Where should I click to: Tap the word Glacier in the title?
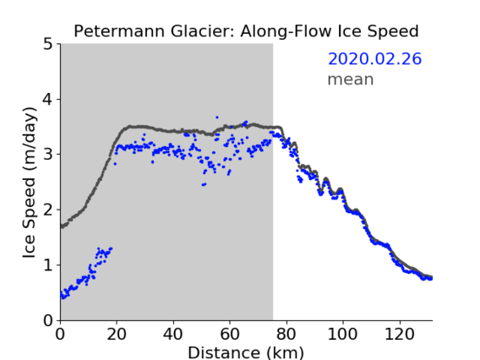click(x=203, y=31)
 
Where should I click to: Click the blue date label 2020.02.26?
click(x=374, y=59)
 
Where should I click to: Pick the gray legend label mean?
click(x=351, y=79)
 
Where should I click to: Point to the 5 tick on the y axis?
click(x=48, y=44)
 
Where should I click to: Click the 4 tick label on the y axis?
click(x=48, y=99)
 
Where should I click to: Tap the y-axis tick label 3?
click(x=48, y=155)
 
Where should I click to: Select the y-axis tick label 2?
click(x=48, y=210)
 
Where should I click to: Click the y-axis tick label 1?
click(x=48, y=265)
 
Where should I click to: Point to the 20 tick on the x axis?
click(x=117, y=335)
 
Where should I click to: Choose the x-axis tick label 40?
click(x=173, y=335)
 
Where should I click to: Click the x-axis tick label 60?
click(x=230, y=335)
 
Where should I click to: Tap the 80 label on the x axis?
click(x=286, y=335)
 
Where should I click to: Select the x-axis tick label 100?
click(x=342, y=335)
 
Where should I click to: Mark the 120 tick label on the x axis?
click(x=399, y=335)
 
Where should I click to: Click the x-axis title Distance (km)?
click(x=246, y=352)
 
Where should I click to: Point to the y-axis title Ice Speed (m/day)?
click(x=30, y=183)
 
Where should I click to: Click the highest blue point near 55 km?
click(x=217, y=117)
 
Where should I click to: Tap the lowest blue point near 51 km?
click(x=203, y=185)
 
